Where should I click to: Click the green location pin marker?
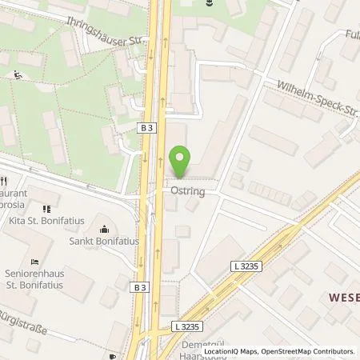(181, 162)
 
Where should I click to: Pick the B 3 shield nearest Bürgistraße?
(141, 286)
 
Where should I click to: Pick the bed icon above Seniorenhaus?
(33, 261)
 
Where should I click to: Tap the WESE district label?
(344, 297)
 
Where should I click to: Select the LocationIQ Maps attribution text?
(231, 351)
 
